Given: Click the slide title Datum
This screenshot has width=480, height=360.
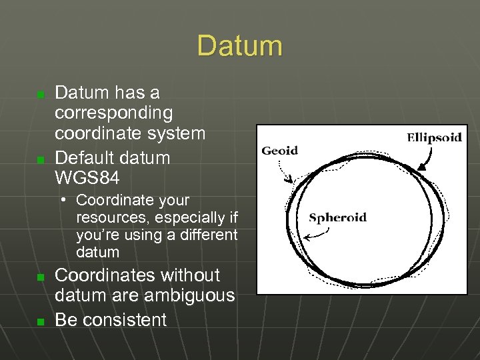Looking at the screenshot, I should click(239, 47).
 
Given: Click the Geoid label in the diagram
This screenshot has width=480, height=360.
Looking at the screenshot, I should click(280, 151).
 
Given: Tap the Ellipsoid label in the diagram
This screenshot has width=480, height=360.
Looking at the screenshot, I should click(434, 138).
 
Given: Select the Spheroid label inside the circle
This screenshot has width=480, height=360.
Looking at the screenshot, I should click(337, 218).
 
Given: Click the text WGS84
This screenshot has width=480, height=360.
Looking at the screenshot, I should click(87, 178).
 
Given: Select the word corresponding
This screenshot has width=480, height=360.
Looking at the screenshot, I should click(113, 113).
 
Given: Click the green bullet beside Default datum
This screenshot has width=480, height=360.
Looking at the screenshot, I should click(40, 160).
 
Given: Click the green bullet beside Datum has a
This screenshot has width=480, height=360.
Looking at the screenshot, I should click(40, 95).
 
